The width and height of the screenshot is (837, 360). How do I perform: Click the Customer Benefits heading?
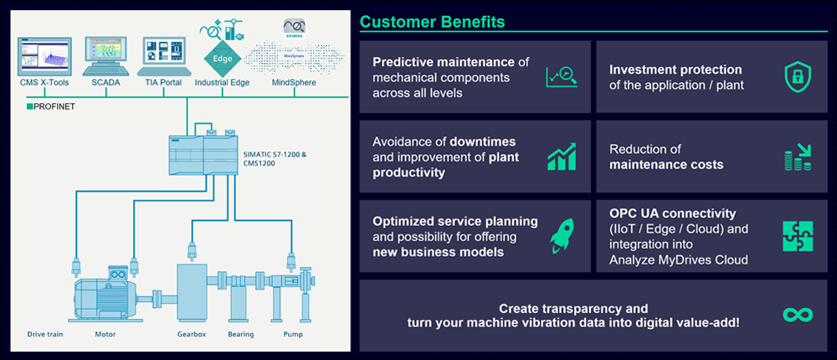coord(434,20)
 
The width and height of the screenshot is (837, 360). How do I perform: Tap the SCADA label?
coord(105,83)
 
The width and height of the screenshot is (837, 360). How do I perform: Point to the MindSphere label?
coord(295,83)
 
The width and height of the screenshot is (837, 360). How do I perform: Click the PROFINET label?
coord(54,107)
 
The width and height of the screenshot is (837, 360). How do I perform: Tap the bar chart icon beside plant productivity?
coord(561,157)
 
